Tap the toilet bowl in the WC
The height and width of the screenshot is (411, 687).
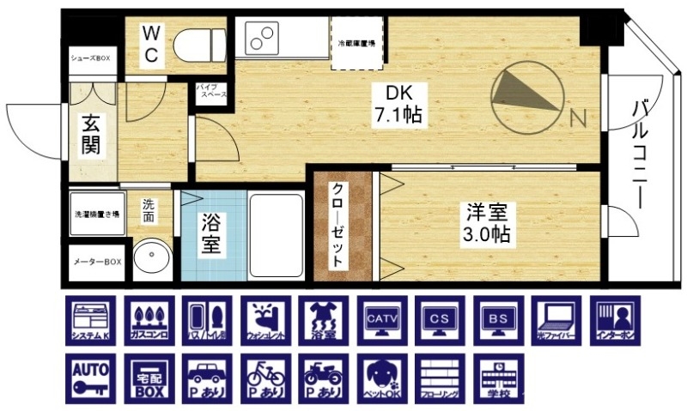coord(198,43)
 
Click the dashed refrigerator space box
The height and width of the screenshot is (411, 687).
coord(358,42)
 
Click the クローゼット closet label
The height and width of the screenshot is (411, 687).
coord(337,225)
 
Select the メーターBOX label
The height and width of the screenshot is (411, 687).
coord(96,261)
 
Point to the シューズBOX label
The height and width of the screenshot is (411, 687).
coord(91,58)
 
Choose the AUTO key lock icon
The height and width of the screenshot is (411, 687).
coord(89,378)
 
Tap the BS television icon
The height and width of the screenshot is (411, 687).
coord(499,321)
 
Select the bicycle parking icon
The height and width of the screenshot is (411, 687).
coord(264,378)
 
